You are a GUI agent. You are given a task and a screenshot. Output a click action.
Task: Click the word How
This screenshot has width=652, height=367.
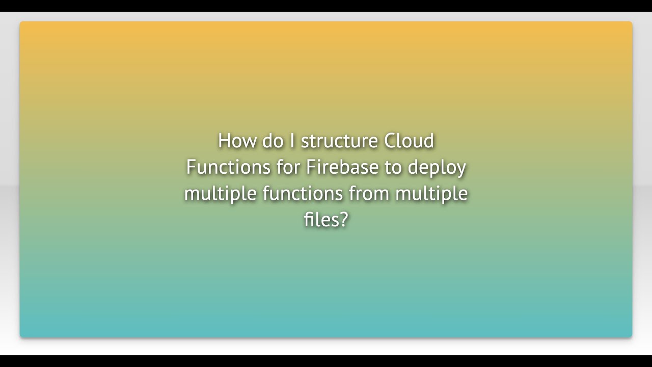(237, 141)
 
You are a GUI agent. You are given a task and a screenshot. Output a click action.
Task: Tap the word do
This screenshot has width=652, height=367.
(273, 141)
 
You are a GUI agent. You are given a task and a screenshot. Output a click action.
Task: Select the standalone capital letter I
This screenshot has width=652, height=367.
(292, 141)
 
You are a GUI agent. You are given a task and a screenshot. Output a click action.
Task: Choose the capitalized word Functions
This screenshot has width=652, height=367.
(228, 167)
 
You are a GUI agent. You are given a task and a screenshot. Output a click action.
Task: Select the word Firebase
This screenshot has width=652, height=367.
(342, 167)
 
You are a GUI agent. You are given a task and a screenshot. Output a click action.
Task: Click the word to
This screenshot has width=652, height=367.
(393, 168)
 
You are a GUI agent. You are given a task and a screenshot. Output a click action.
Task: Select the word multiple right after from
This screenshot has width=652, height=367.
(431, 194)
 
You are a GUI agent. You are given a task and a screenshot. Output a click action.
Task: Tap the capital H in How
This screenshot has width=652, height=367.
(223, 141)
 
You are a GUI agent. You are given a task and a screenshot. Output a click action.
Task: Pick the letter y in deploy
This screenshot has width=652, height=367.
(461, 170)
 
